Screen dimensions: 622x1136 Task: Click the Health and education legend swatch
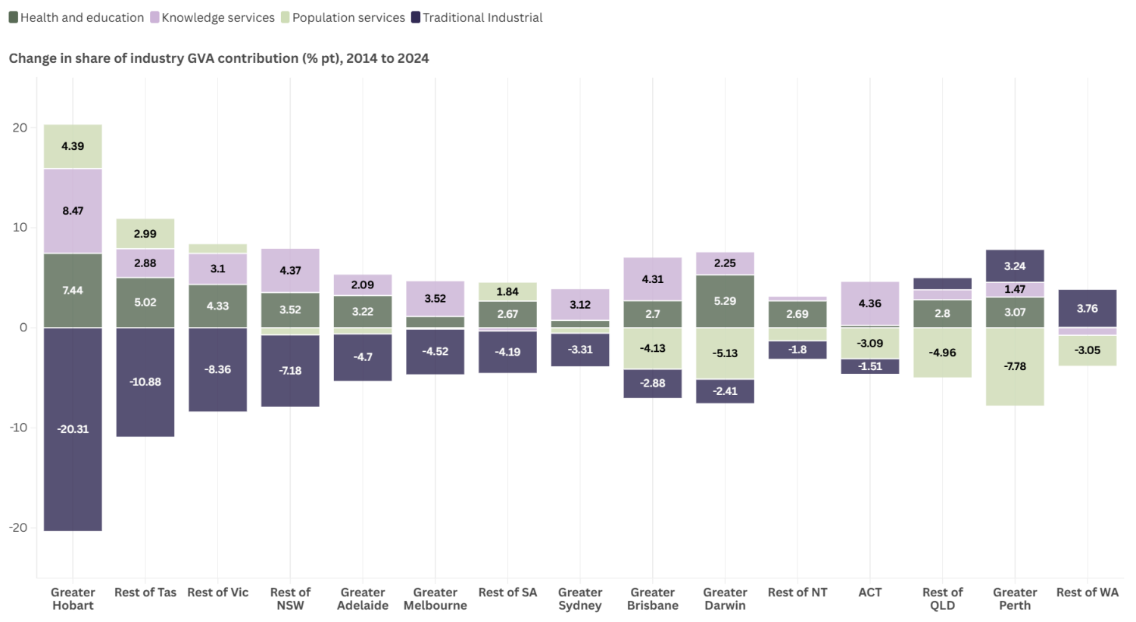[13, 17]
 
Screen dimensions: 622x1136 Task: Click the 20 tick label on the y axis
[20, 128]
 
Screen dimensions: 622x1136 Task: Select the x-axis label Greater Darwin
[725, 599]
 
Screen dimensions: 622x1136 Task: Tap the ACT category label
[870, 592]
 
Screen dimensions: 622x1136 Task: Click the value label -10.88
[145, 382]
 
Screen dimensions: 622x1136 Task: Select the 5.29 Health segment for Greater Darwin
[725, 301]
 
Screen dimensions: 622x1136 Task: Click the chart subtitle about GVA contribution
[219, 58]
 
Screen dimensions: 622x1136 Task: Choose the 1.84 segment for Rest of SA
[507, 291]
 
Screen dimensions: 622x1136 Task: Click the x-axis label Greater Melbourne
[435, 599]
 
